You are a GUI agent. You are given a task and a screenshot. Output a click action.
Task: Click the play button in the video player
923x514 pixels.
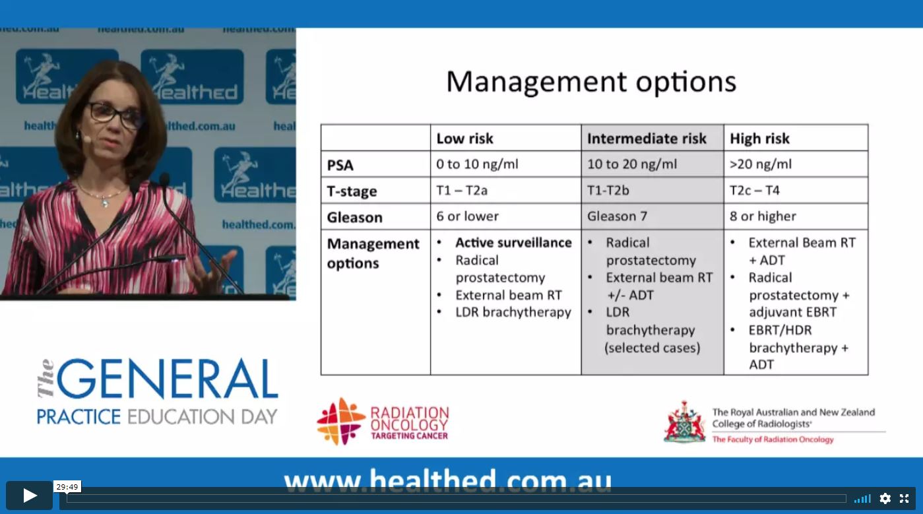click(x=29, y=495)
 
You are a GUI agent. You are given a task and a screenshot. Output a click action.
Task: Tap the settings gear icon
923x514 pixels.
click(x=885, y=499)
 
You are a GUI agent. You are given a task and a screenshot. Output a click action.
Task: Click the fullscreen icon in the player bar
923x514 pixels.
click(x=904, y=499)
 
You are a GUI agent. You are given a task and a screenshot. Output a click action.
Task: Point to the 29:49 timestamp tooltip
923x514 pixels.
click(x=67, y=487)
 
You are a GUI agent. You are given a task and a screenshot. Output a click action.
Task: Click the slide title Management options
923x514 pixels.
click(x=591, y=82)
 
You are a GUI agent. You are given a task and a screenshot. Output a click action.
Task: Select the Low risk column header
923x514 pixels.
click(x=464, y=139)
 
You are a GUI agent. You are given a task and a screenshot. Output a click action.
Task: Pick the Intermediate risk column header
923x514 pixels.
click(x=647, y=139)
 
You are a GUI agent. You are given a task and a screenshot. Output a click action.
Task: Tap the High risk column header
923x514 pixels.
click(x=759, y=139)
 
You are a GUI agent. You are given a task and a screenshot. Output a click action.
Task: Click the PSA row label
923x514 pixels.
click(x=340, y=165)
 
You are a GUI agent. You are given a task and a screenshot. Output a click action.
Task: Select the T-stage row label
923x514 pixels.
click(x=352, y=191)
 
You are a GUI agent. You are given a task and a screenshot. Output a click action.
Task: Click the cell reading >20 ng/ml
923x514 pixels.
click(x=760, y=164)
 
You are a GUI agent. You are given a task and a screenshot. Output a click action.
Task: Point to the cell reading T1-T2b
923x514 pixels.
click(x=608, y=191)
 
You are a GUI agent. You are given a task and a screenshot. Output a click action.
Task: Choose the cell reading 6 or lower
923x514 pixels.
click(x=467, y=216)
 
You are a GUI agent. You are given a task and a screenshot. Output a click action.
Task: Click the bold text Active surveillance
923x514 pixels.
click(x=513, y=242)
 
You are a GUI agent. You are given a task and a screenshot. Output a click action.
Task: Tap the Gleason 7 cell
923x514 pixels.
click(x=617, y=216)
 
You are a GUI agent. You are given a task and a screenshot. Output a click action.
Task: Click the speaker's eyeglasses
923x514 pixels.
click(x=113, y=113)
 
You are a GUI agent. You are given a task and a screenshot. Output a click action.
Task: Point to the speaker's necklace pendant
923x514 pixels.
click(x=105, y=203)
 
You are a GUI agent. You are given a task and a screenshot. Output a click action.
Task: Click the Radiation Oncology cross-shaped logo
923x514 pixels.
click(x=341, y=421)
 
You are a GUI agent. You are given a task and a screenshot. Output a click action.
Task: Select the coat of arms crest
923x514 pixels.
click(x=684, y=422)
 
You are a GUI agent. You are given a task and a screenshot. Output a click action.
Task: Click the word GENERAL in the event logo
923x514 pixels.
click(x=167, y=378)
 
